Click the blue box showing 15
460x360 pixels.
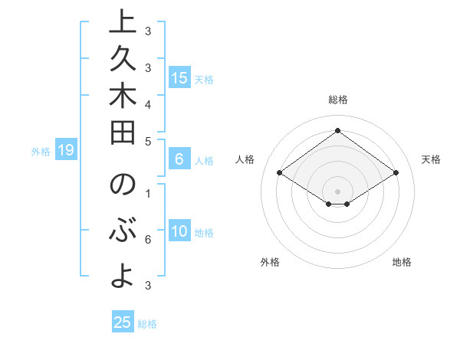(179, 77)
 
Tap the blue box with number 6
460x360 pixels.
(179, 159)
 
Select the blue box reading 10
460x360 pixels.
(179, 232)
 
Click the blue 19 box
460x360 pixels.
(66, 150)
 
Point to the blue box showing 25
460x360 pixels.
(123, 322)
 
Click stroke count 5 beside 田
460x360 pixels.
(148, 141)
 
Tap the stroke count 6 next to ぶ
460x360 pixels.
(148, 239)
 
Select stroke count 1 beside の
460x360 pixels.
(148, 193)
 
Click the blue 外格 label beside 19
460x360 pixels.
(41, 152)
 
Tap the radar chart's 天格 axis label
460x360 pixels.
(431, 159)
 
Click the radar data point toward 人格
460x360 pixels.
(280, 173)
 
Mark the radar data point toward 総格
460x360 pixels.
(337, 130)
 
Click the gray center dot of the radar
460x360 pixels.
(337, 191)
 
